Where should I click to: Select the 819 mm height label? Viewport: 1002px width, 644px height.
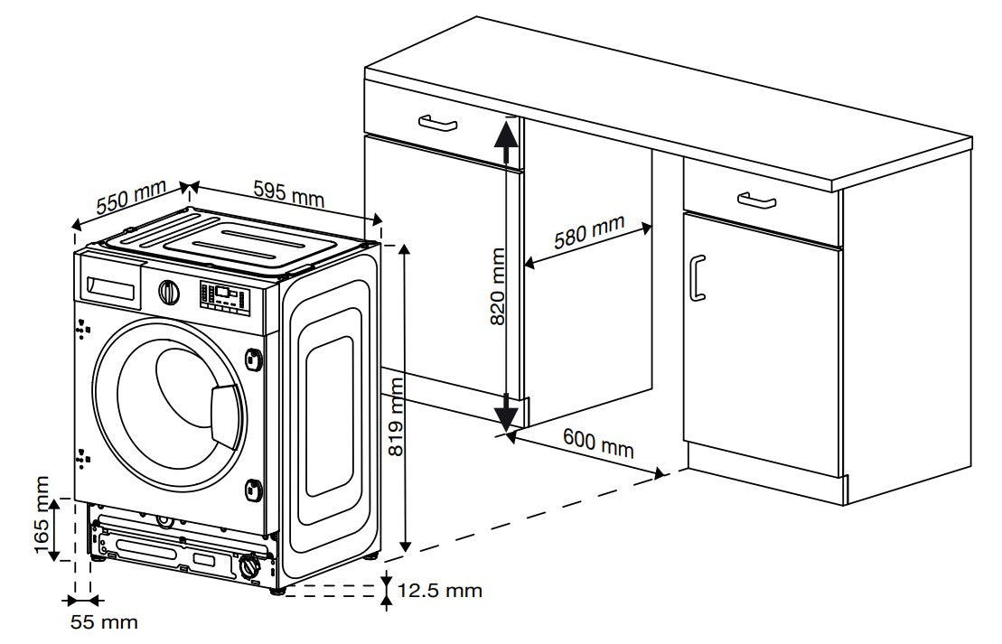point(395,417)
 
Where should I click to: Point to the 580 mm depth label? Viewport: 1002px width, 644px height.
point(588,235)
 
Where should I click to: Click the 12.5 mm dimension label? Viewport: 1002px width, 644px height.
point(440,592)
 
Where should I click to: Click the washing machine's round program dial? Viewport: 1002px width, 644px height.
point(168,292)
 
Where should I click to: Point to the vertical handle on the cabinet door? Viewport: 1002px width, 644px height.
point(695,276)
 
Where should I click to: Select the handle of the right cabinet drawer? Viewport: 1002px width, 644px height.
point(756,199)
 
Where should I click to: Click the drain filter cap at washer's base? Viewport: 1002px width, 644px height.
point(248,568)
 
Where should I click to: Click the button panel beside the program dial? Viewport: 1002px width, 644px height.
point(222,295)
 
